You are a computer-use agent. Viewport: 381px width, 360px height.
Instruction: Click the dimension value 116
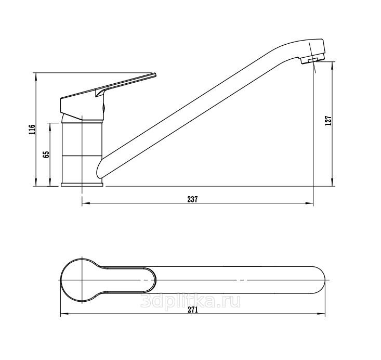(x=32, y=130)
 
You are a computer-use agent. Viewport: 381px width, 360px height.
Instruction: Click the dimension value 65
(x=46, y=155)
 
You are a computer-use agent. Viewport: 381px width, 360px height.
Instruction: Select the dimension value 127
(x=328, y=120)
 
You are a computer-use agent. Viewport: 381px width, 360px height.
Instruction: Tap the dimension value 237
(x=192, y=199)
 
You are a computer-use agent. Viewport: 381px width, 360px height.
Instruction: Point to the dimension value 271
(x=192, y=310)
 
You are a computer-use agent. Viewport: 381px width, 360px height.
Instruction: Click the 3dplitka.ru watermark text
(x=191, y=301)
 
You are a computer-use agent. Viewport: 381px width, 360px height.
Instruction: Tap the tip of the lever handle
(x=155, y=74)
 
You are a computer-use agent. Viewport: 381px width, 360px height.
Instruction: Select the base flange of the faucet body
(x=82, y=184)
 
